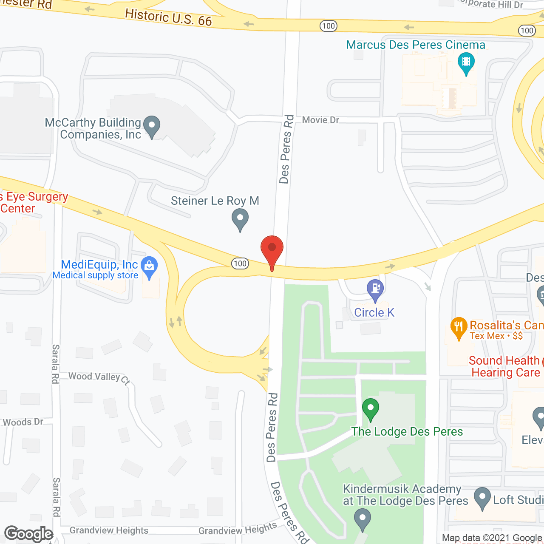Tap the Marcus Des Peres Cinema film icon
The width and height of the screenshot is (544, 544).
[466, 62]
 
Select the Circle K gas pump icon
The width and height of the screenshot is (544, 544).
[375, 289]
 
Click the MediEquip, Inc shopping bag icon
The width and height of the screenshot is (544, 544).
[149, 266]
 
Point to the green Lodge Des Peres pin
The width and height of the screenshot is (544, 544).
[371, 408]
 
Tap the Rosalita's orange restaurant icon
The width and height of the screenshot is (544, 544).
[459, 327]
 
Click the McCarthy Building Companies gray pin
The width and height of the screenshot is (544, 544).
[152, 126]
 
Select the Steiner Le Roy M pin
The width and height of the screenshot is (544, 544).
[240, 220]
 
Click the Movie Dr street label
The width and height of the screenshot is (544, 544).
[320, 120]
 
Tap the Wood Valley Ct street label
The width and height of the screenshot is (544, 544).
[99, 377]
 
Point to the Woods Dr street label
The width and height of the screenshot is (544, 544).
[23, 422]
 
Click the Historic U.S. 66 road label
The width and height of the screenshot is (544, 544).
[168, 17]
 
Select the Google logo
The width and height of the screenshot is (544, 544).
[28, 534]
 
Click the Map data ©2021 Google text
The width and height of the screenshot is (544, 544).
[492, 538]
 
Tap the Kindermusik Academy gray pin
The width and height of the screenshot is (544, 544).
[363, 519]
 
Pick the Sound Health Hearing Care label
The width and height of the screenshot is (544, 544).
[505, 366]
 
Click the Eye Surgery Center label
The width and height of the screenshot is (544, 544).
[34, 202]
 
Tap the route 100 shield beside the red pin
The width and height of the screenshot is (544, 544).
[240, 263]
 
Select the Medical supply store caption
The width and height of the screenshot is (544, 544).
[95, 275]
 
